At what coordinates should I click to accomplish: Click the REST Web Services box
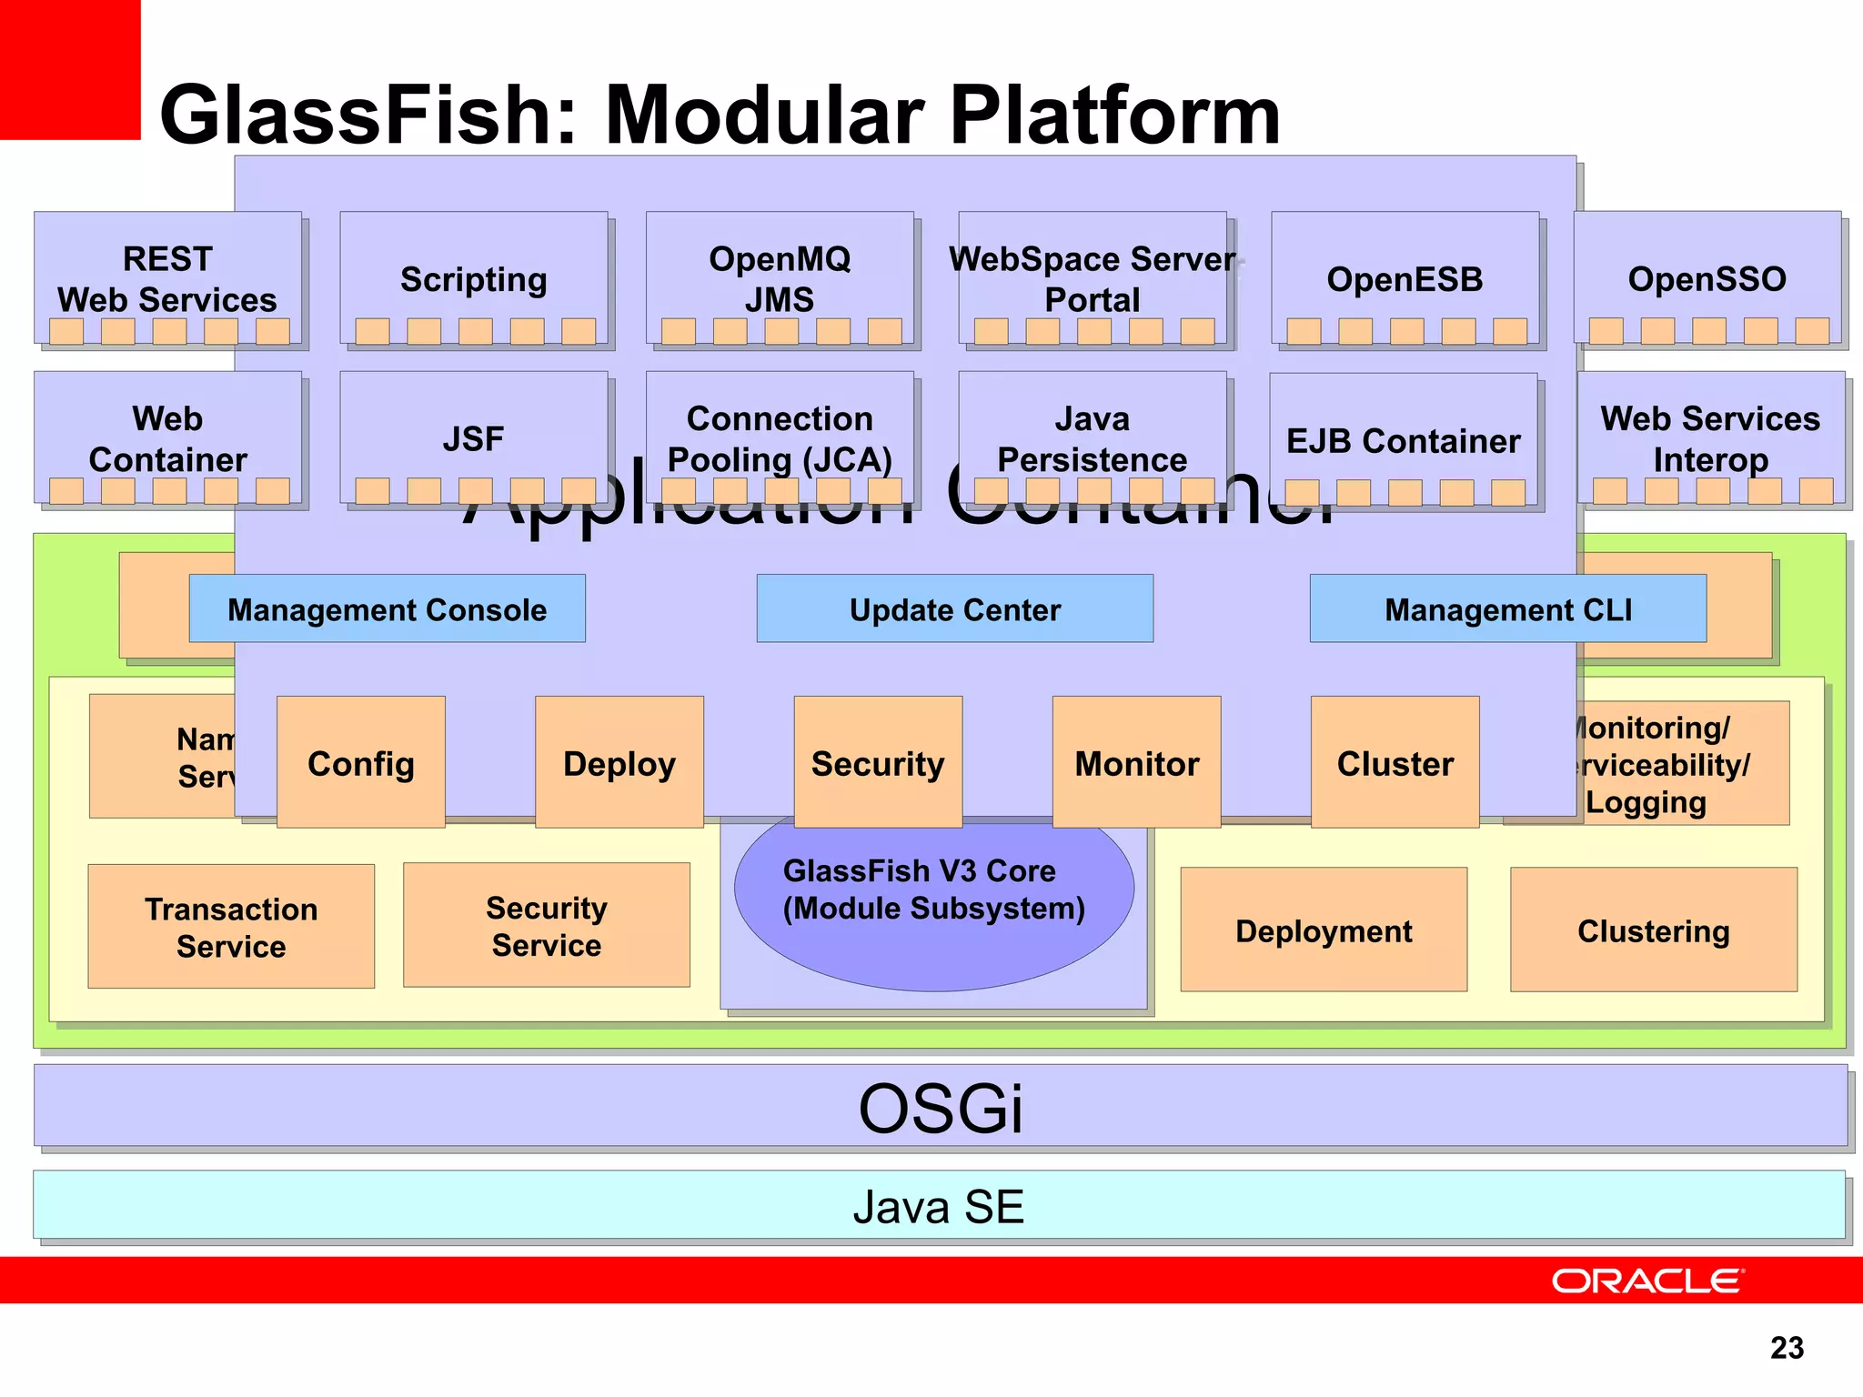(167, 278)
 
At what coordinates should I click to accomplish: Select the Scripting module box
(473, 278)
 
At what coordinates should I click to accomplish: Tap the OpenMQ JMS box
(780, 278)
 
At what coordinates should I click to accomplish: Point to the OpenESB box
(1405, 278)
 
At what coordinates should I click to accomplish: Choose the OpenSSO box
(1707, 278)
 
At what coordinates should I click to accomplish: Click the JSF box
(473, 438)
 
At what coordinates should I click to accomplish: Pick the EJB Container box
(1403, 440)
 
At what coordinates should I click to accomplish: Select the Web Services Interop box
(1710, 438)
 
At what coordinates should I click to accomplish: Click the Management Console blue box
(387, 608)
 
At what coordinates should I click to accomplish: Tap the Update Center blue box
(954, 608)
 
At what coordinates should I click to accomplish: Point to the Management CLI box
(1507, 608)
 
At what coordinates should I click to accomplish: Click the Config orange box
(360, 762)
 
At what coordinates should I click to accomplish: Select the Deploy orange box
(619, 762)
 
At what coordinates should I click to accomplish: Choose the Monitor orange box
(1136, 762)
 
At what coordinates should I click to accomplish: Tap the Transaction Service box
(231, 926)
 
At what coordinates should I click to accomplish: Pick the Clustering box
(1653, 930)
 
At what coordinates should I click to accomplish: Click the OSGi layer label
(941, 1107)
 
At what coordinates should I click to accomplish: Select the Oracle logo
(1646, 1281)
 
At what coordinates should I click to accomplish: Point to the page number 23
(1787, 1347)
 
